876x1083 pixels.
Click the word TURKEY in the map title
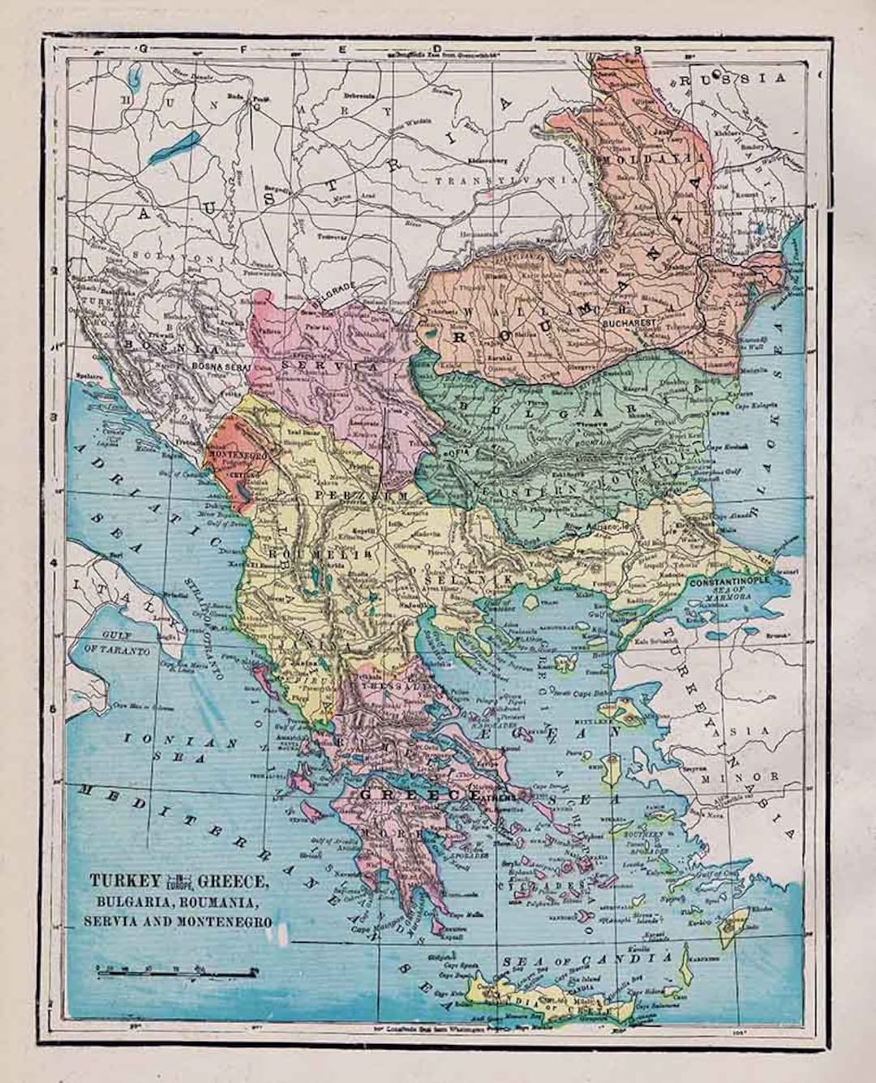119,880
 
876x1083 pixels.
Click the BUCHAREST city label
629,322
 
